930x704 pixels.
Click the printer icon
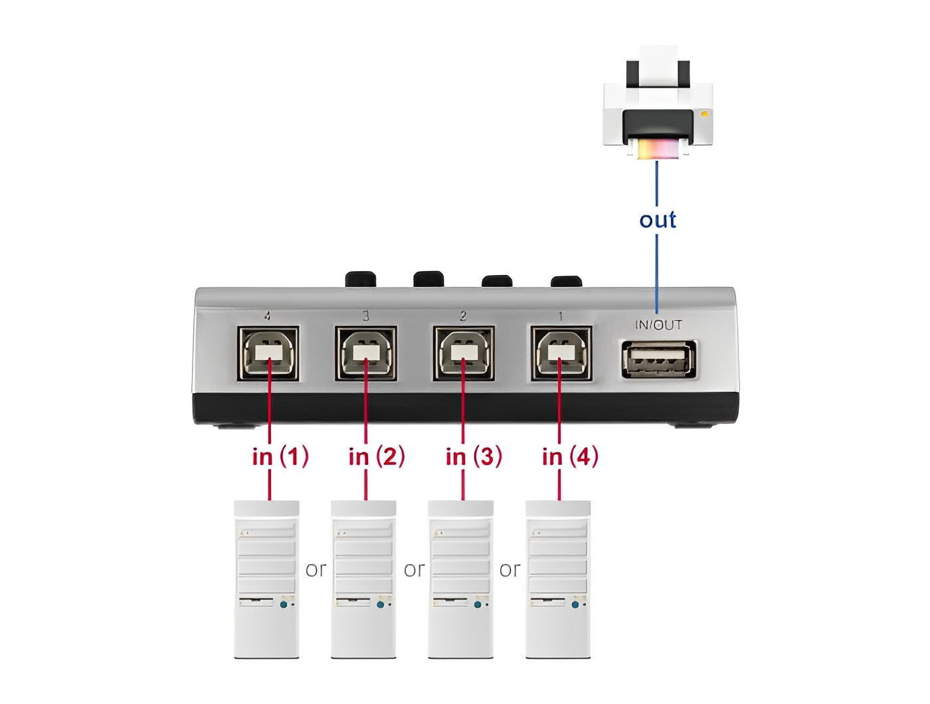click(x=658, y=102)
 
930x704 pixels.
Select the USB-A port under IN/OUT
click(x=658, y=359)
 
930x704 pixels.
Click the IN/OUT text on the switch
click(x=658, y=325)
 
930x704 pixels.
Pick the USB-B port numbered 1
click(x=561, y=353)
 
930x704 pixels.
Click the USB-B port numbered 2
click(x=464, y=353)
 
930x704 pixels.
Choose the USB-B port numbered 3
click(x=366, y=353)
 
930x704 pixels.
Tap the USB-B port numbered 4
click(x=268, y=353)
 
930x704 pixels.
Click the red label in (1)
click(x=280, y=457)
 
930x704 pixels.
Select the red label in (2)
click(x=377, y=457)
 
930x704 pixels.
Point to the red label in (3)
click(x=474, y=457)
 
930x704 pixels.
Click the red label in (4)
click(x=570, y=457)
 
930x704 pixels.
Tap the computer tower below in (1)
click(x=266, y=579)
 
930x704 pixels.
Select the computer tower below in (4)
click(x=558, y=579)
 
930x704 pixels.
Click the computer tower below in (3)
click(x=460, y=579)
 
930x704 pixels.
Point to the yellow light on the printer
click(x=704, y=114)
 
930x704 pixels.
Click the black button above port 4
click(x=361, y=280)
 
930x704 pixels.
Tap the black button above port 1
click(x=565, y=282)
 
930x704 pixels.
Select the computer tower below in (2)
click(x=363, y=579)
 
